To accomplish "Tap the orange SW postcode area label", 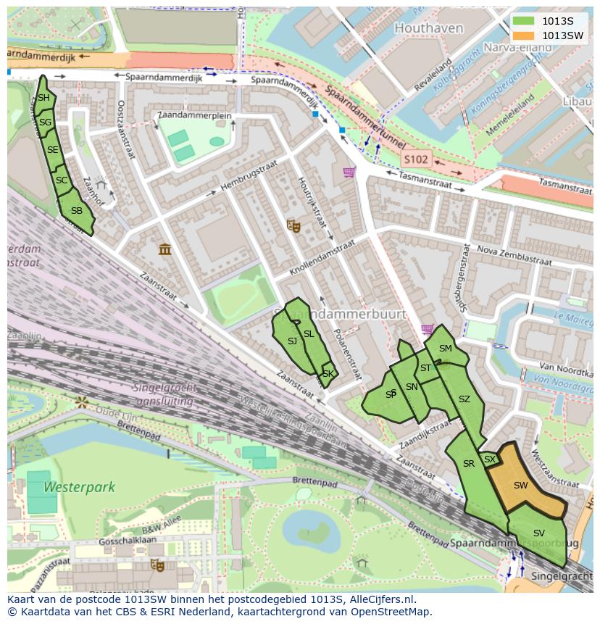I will click(x=520, y=486).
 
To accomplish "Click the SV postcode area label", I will click(x=538, y=533).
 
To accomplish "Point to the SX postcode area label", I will click(x=490, y=459).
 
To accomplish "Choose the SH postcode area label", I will click(x=43, y=98).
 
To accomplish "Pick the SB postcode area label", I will click(x=76, y=211).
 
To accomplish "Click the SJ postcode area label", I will click(x=292, y=341).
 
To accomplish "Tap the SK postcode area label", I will click(x=328, y=374).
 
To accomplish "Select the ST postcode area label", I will click(x=425, y=368).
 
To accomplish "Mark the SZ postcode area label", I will click(x=464, y=399).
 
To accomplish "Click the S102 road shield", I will click(x=417, y=159).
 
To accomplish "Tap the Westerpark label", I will click(x=79, y=487).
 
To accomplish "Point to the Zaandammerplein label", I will click(x=194, y=115).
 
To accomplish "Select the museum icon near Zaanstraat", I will click(x=165, y=249).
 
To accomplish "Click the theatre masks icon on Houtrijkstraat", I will click(x=293, y=226).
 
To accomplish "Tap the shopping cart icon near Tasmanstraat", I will click(x=349, y=172).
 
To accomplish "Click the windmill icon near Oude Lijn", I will click(x=82, y=401).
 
